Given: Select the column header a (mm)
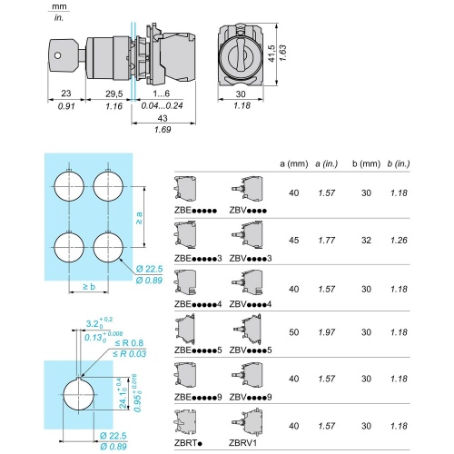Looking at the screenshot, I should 293,163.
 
